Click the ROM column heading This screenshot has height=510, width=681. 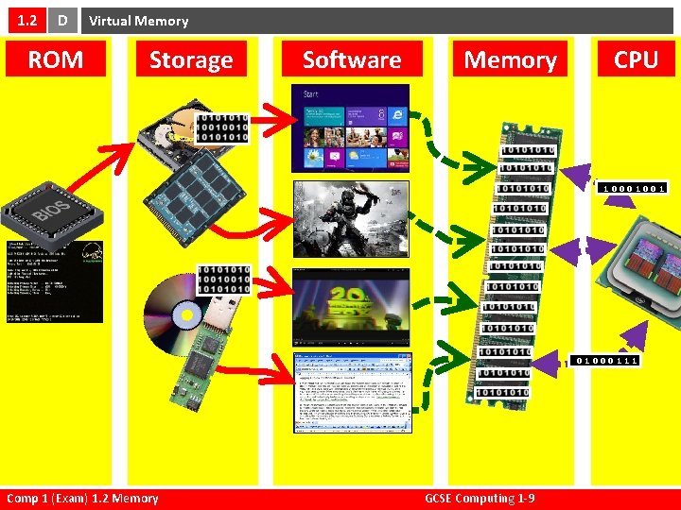point(55,59)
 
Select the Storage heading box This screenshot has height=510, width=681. point(191,59)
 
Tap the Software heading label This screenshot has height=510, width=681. point(352,59)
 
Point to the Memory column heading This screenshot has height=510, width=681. point(510,59)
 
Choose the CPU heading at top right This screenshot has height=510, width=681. point(636,59)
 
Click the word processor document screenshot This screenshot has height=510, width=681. point(350,392)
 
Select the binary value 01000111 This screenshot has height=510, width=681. point(606,360)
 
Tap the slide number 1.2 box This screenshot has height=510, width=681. point(24,20)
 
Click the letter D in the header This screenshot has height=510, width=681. point(61,20)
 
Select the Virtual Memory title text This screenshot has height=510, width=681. point(139,21)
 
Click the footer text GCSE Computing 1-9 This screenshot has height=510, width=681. point(480,498)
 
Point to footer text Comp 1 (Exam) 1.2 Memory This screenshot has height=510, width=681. point(82,498)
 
